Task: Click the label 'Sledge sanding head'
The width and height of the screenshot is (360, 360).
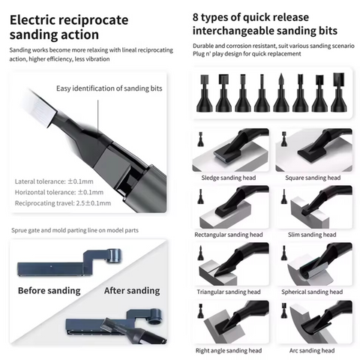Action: (x=229, y=178)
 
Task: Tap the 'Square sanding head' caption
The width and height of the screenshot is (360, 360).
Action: (x=313, y=178)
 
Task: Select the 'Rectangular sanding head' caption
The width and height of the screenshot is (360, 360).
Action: (x=229, y=235)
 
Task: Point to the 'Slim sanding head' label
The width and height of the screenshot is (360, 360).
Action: (x=312, y=235)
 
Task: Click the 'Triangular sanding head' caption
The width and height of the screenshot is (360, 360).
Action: (x=229, y=292)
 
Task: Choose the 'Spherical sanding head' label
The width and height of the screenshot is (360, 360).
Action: (x=312, y=292)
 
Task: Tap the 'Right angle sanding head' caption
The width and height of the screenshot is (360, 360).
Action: (x=229, y=350)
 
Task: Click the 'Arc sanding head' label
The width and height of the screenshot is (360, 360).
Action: (x=312, y=350)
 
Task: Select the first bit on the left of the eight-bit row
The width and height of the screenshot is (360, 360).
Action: (x=205, y=93)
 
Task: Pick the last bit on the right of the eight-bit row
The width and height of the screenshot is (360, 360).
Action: (x=339, y=92)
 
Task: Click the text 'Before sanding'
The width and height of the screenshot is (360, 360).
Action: (x=49, y=290)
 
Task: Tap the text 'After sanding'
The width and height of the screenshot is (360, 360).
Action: (x=132, y=290)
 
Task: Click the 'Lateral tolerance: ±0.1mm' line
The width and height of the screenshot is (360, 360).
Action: (x=54, y=181)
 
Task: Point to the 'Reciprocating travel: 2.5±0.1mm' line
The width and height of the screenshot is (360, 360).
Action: (x=63, y=203)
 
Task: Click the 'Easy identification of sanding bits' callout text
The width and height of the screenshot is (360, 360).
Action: (x=109, y=88)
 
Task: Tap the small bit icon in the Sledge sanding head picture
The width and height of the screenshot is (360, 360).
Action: (x=200, y=139)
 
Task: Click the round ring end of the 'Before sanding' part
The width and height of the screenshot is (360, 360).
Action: (x=114, y=256)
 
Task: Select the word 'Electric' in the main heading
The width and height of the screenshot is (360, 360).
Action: (x=35, y=20)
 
